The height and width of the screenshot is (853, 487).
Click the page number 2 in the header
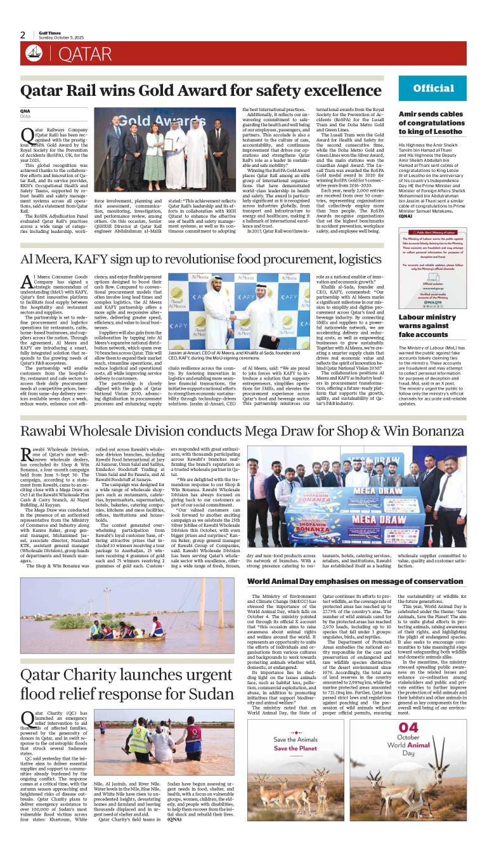tap(23, 35)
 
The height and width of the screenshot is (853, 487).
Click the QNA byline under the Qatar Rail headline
tap(25, 112)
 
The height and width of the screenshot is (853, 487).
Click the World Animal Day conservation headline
tap(354, 581)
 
